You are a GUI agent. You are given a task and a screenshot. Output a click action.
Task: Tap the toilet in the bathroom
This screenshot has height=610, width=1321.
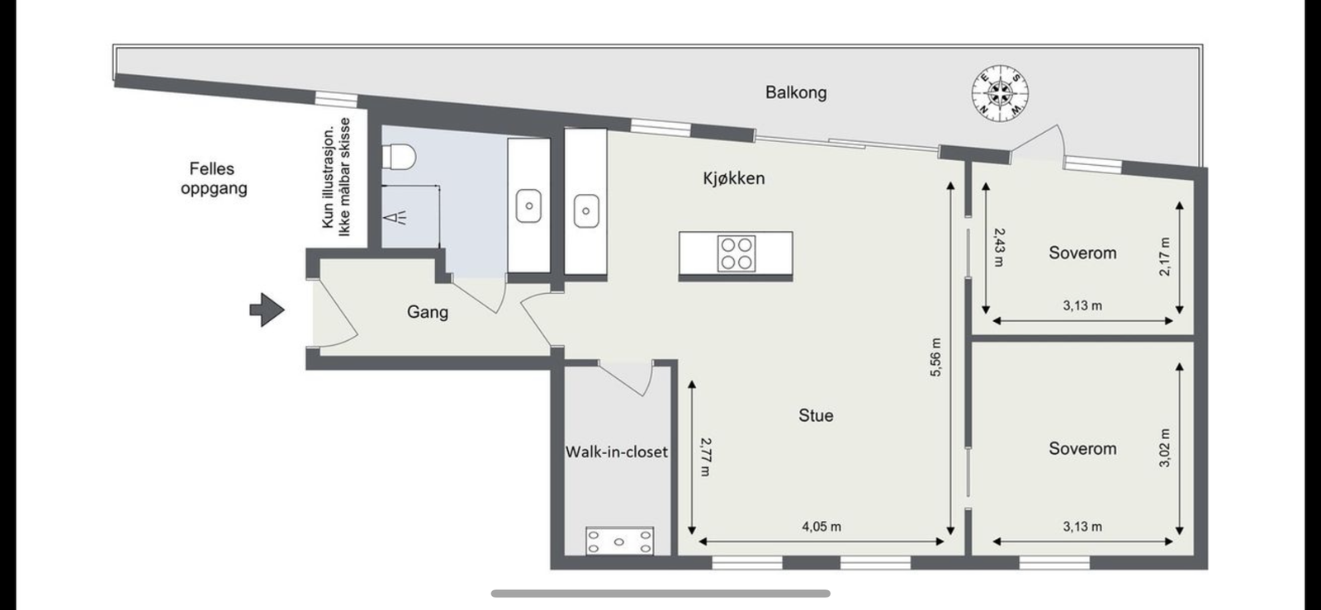coord(400,155)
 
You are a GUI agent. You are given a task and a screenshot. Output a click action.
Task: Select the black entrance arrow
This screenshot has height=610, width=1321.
coord(267,310)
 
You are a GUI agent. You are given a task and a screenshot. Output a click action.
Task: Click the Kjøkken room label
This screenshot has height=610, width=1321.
coord(733,178)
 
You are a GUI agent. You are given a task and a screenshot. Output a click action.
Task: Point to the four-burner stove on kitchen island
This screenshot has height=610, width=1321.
coord(736,254)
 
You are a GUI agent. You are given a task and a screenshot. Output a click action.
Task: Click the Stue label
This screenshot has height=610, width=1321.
coord(815,416)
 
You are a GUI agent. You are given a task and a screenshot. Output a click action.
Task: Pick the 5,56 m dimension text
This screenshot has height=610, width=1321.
coord(935,357)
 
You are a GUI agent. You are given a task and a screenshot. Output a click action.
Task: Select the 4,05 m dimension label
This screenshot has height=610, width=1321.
coord(821,527)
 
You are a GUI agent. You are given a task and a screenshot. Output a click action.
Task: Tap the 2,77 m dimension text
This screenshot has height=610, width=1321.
coord(704,456)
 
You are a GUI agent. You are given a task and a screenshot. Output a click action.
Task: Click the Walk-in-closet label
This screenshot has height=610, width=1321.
coord(616,452)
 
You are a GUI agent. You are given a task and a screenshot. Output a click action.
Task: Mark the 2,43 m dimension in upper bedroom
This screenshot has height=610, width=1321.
coord(998,247)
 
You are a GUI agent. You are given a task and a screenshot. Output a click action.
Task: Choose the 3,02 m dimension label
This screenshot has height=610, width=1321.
coord(1165,447)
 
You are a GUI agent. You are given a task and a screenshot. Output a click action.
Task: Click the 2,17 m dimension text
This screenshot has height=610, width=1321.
coord(1165,256)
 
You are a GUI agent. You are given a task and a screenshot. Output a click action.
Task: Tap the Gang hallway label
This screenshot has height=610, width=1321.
coord(427,312)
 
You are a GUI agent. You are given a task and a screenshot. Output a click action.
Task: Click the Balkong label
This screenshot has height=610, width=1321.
coord(795,92)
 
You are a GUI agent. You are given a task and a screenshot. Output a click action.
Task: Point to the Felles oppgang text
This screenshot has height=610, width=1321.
coord(212,178)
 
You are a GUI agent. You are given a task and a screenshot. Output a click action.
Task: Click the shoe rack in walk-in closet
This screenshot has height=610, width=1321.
coord(619,541)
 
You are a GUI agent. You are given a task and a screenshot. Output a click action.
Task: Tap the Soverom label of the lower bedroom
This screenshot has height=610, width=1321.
coord(1082,449)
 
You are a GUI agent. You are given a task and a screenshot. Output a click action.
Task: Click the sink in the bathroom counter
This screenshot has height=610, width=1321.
coord(528,206)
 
